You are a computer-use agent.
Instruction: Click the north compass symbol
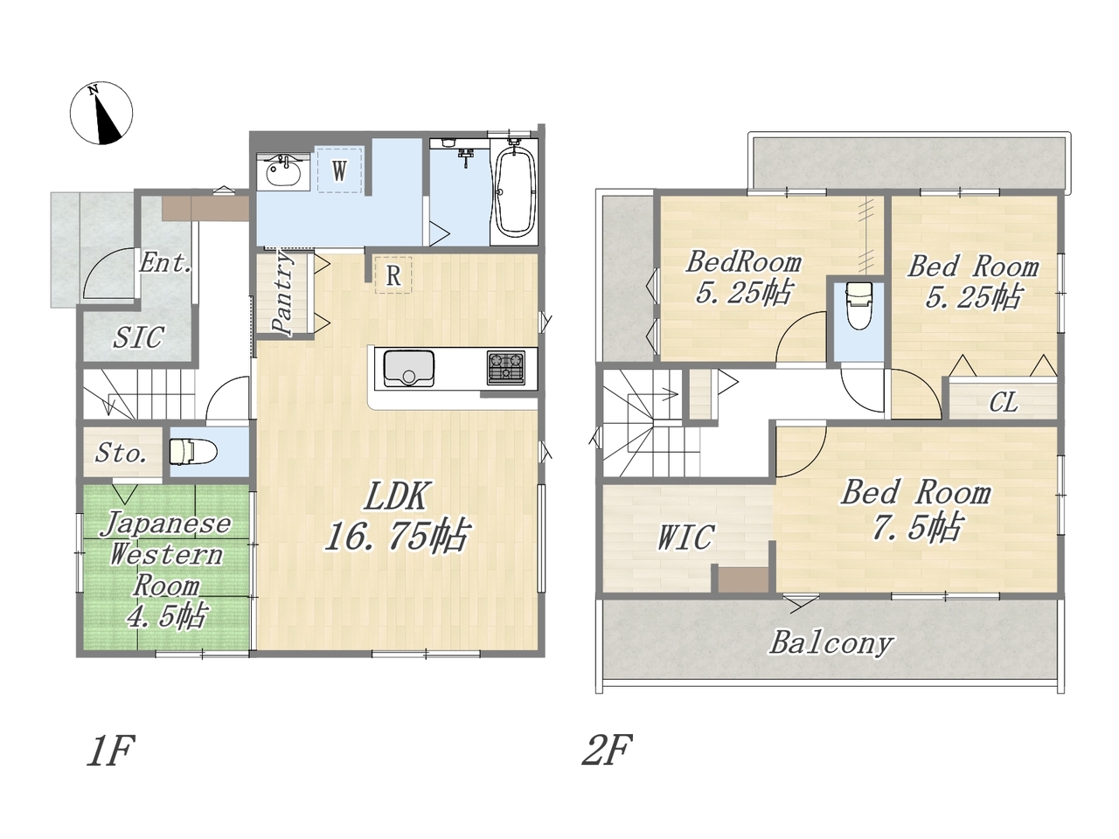click(x=101, y=113)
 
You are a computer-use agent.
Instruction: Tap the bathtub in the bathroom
click(x=514, y=192)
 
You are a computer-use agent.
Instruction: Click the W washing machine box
click(x=339, y=170)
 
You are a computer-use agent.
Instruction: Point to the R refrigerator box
click(x=393, y=275)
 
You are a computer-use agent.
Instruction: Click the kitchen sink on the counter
click(x=409, y=369)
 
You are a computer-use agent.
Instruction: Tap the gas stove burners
click(x=505, y=368)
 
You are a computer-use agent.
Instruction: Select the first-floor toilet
click(x=193, y=452)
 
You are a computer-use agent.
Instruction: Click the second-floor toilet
click(x=858, y=306)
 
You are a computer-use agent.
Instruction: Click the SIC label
click(x=138, y=337)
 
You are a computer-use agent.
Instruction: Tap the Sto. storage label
click(x=122, y=453)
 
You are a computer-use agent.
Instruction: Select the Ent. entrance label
click(x=166, y=263)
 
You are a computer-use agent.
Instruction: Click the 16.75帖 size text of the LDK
click(x=395, y=537)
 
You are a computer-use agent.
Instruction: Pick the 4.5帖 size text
click(x=166, y=616)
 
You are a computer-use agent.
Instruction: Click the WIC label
click(x=685, y=537)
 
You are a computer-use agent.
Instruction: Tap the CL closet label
click(x=1004, y=402)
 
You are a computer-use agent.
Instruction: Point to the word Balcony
click(x=831, y=643)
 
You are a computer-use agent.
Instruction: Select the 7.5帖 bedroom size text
click(x=916, y=526)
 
